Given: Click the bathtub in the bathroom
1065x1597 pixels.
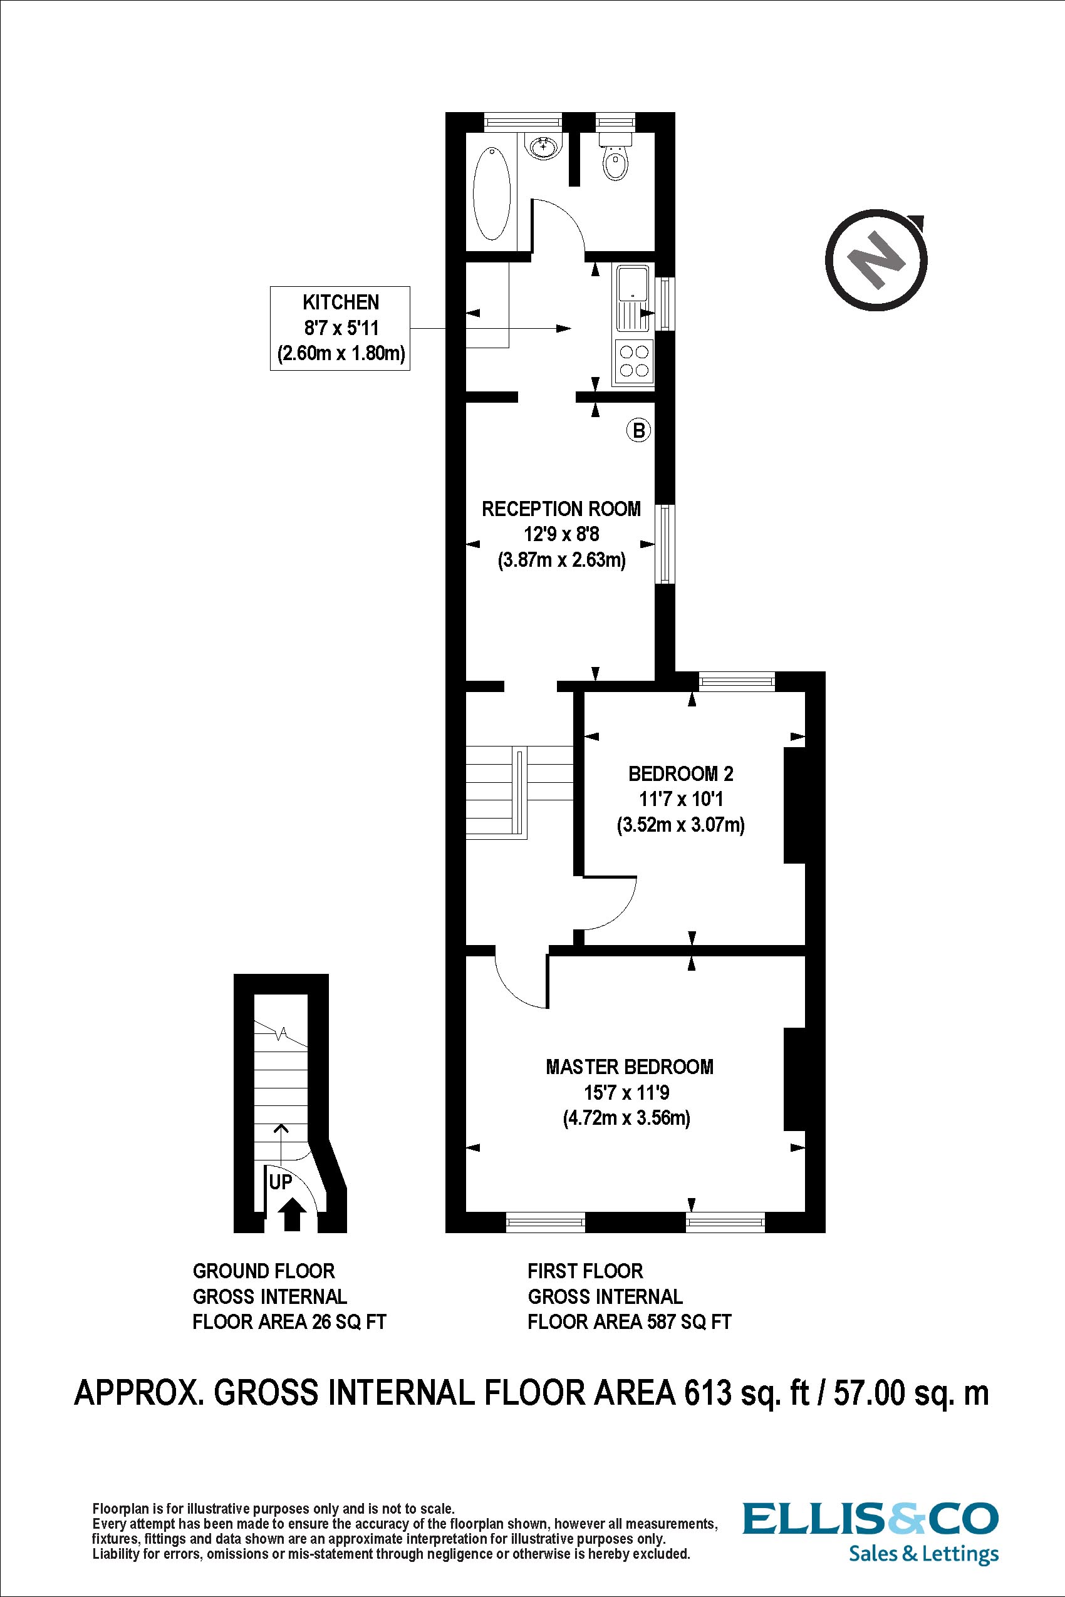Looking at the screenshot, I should (492, 194).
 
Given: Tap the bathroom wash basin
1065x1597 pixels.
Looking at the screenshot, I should (543, 145).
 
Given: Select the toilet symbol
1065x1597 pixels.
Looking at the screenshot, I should (616, 160).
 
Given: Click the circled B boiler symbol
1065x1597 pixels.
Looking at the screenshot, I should (638, 430).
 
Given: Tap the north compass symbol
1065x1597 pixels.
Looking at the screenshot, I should (877, 260).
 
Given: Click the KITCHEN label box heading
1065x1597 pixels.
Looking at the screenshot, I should (340, 302).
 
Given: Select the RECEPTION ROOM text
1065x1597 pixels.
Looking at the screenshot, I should (561, 509).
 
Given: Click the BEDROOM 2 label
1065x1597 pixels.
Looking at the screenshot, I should (680, 773).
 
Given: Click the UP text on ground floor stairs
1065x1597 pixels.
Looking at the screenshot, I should (281, 1182).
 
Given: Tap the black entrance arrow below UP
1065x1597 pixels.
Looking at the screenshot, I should (293, 1214).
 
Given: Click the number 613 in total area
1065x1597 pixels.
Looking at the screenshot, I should (707, 1393).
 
